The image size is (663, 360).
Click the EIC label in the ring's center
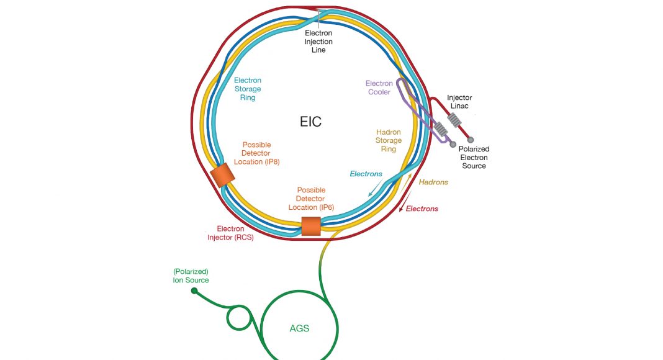[310, 122]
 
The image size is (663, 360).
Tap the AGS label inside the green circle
[299, 328]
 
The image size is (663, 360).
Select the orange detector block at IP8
[220, 176]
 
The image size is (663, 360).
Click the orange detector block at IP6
[310, 227]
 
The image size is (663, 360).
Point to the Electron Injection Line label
[318, 42]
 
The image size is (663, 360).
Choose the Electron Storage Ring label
[248, 89]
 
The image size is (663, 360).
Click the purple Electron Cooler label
[379, 88]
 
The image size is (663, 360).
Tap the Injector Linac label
[459, 102]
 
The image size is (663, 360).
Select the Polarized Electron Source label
[474, 158]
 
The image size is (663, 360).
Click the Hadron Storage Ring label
[389, 140]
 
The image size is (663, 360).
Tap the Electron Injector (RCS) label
[230, 233]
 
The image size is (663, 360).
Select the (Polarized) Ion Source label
[191, 276]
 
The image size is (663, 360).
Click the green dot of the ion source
[194, 290]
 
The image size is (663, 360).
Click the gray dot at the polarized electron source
[471, 140]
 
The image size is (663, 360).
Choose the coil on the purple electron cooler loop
[440, 129]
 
